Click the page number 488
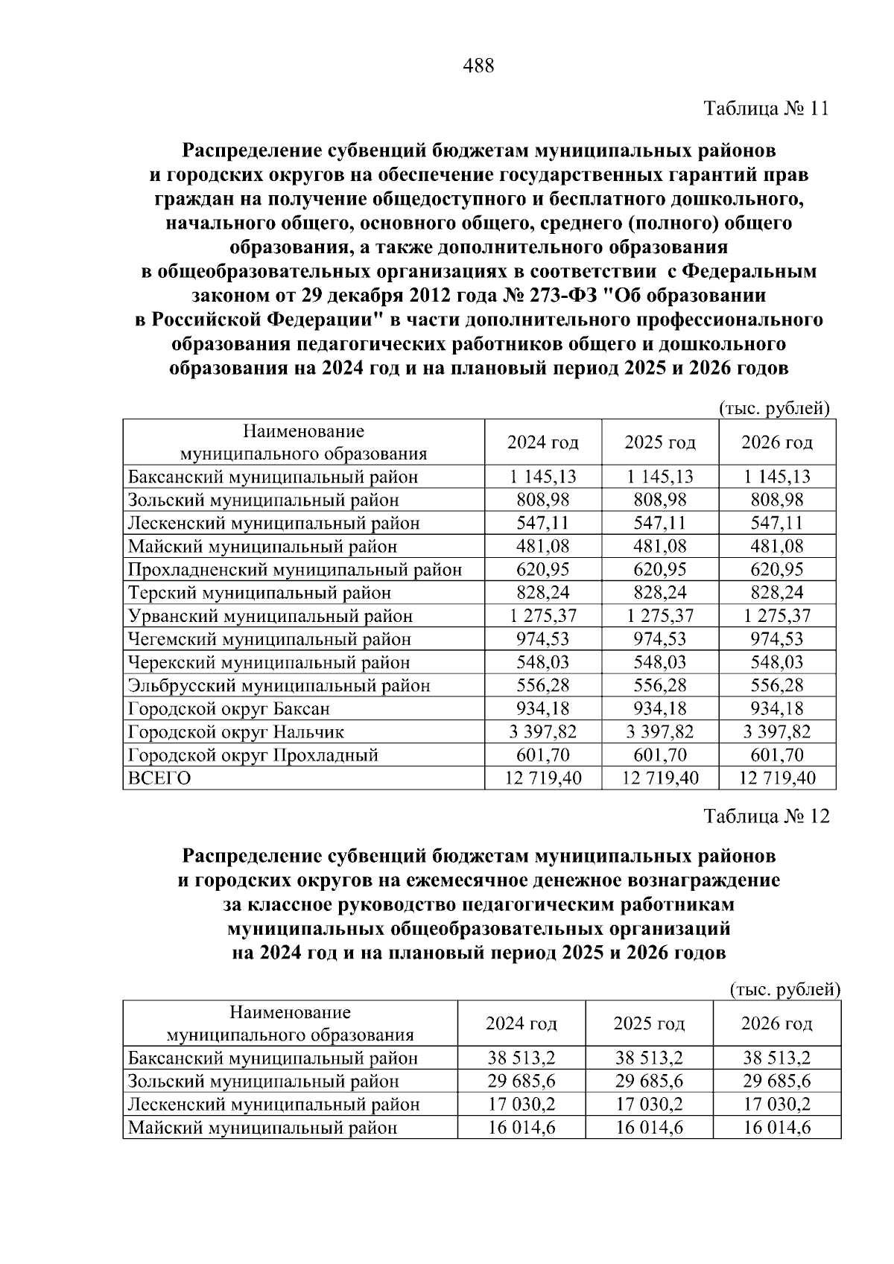pyautogui.click(x=478, y=66)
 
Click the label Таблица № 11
pyautogui.click(x=767, y=109)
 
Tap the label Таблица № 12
pyautogui.click(x=767, y=816)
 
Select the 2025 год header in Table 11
pyautogui.click(x=660, y=442)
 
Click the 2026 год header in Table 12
pyautogui.click(x=776, y=1023)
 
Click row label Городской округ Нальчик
pyautogui.click(x=236, y=732)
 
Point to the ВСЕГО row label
pyautogui.click(x=159, y=778)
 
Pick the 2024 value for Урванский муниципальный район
pyautogui.click(x=543, y=616)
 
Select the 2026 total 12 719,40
pyautogui.click(x=777, y=778)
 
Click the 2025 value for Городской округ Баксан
pyautogui.click(x=660, y=708)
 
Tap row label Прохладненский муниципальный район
pyautogui.click(x=295, y=570)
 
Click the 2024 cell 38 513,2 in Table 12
pyautogui.click(x=521, y=1058)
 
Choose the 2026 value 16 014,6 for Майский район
pyautogui.click(x=776, y=1128)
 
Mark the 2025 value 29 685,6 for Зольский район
pyautogui.click(x=649, y=1081)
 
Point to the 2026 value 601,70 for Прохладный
pyautogui.click(x=777, y=755)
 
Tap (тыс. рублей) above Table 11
pyautogui.click(x=774, y=408)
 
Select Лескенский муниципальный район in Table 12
pyautogui.click(x=273, y=1104)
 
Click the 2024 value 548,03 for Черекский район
pyautogui.click(x=543, y=662)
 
